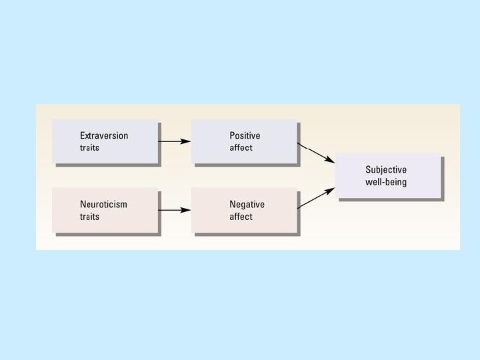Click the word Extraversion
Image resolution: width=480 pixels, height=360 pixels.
tap(104, 135)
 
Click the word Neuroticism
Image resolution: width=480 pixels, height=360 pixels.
tap(103, 205)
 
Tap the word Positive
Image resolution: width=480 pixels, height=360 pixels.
tap(245, 135)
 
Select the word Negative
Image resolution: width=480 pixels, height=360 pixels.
tap(247, 205)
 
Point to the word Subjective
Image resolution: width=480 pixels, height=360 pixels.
tap(385, 170)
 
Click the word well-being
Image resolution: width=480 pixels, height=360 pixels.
tap(385, 182)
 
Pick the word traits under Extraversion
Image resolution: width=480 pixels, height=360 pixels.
tap(89, 147)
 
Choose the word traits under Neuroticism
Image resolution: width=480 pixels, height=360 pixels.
tap(89, 217)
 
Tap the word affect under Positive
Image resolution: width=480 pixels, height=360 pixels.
tap(241, 147)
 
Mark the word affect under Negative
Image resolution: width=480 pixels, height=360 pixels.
tap(241, 217)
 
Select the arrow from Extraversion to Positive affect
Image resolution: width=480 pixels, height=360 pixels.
tap(175, 141)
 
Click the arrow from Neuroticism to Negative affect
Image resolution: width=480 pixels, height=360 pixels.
tap(175, 211)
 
